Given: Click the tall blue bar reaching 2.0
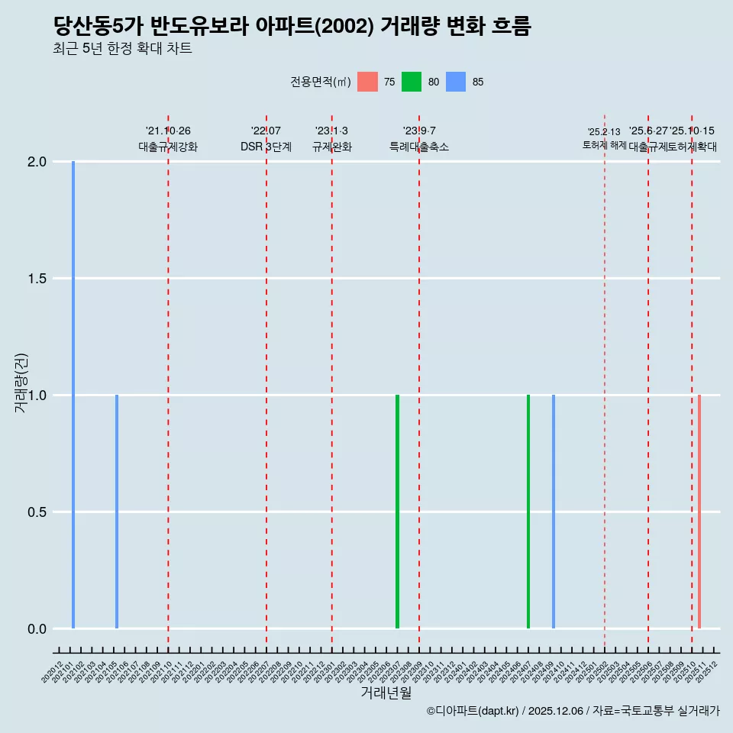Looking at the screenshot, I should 73,395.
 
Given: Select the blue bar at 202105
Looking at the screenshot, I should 117,512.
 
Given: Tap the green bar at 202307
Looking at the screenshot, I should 397,512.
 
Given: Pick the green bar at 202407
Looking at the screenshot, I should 528,512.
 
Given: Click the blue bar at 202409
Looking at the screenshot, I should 554,512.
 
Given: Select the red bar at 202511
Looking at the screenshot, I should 699,512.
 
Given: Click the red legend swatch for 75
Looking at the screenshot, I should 367,82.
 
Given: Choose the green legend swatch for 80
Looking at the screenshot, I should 412,82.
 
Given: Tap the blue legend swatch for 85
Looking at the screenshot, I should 456,82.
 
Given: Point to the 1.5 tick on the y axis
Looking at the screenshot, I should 37,279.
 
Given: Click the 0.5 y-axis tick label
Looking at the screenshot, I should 37,512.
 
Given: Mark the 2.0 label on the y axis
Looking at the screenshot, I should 37,162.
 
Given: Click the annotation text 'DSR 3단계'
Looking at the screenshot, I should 266,147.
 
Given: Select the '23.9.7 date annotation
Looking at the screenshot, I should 419,131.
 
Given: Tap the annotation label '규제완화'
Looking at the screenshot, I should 331,147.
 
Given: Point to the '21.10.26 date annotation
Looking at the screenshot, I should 168,131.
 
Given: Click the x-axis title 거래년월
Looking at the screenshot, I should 386,693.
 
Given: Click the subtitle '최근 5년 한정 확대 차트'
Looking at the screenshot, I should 122,49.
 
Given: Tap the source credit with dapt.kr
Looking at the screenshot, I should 573,712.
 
